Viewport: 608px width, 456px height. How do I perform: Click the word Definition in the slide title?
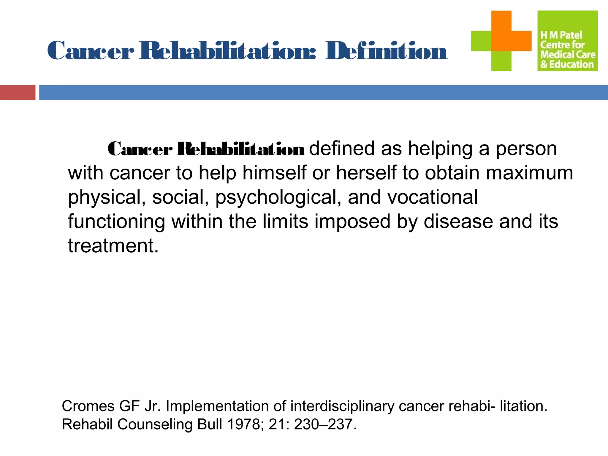(386, 51)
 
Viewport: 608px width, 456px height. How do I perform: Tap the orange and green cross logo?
(501, 41)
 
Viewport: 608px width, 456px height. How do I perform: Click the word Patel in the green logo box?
(571, 35)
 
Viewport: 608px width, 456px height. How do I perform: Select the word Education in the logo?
(571, 64)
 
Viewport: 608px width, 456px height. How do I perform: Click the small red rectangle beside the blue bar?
(18, 93)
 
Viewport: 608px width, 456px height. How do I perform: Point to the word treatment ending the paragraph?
(113, 246)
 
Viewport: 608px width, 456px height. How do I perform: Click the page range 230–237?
(325, 424)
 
